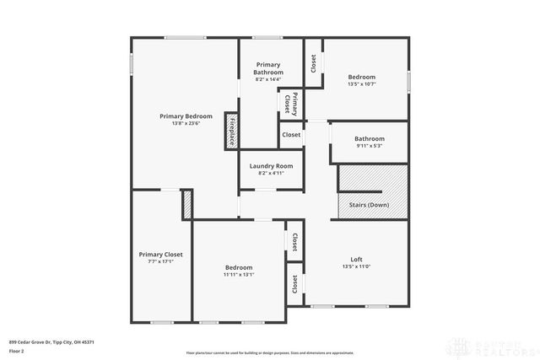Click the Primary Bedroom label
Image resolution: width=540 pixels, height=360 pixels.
pos(186,116)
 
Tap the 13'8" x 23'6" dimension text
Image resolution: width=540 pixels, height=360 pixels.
pos(186,123)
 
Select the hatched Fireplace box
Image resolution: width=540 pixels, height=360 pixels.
pos(230,131)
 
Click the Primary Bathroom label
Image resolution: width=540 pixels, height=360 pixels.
pos(268,68)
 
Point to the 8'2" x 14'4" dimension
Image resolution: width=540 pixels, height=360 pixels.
pos(268,79)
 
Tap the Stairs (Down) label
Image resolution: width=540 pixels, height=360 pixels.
pos(369,205)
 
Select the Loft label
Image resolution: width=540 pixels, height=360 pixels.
pos(357,259)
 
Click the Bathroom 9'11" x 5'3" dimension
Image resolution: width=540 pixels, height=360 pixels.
pos(369,146)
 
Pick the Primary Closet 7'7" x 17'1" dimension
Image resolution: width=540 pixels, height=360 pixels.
pos(160,261)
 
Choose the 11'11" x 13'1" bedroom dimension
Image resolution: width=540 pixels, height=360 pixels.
pos(239,274)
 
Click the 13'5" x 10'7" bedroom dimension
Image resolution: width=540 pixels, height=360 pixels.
pos(362,84)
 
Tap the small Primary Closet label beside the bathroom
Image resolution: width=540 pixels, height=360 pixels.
pos(290,102)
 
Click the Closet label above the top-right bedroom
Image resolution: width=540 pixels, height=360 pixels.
pos(313,63)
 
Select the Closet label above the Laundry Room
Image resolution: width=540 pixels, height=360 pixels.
pos(291,135)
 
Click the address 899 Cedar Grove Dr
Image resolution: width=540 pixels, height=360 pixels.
pos(51,341)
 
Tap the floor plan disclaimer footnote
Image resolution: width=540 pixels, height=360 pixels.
pos(270,352)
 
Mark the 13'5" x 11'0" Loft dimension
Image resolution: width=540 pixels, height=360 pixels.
pos(357,266)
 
